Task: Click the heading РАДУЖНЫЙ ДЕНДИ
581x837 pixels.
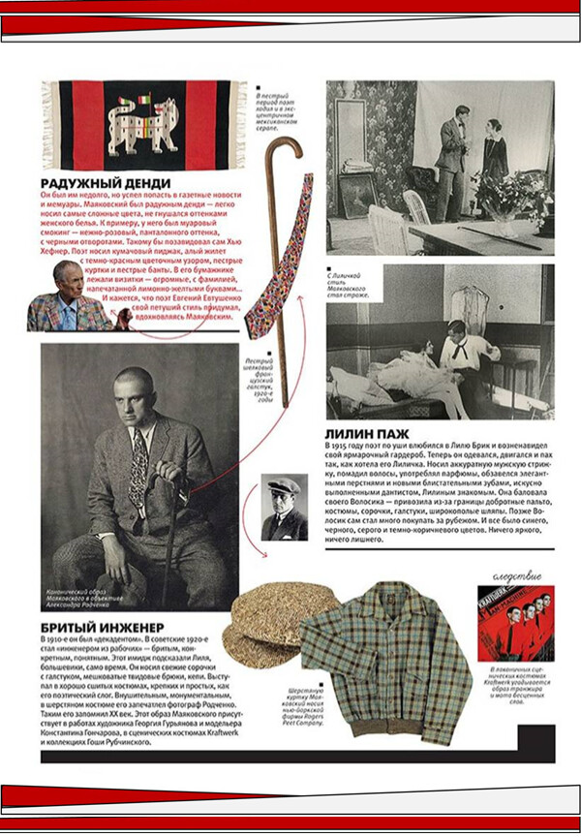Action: coord(106,183)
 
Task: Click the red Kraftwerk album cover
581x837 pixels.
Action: coord(515,623)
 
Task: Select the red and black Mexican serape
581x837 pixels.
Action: coord(138,124)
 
